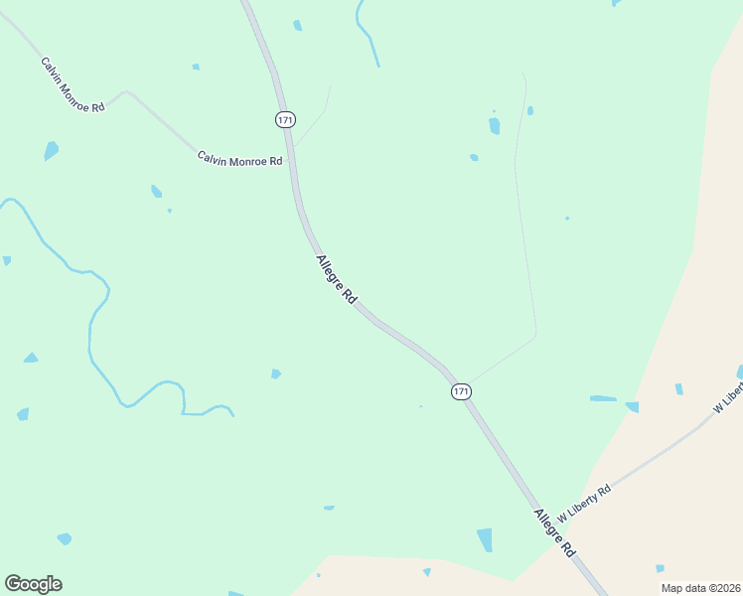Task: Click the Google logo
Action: point(33,584)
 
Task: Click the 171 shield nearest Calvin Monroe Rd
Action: point(285,119)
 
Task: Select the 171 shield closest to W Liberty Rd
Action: point(461,391)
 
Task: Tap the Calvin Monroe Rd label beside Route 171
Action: point(239,159)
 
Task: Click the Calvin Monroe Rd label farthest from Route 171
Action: point(73,84)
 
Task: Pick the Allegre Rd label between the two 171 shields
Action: point(336,279)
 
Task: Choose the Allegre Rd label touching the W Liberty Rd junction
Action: point(554,532)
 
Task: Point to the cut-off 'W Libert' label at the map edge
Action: point(728,395)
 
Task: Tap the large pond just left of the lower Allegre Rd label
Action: point(485,539)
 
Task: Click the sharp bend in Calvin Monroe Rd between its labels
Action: point(125,92)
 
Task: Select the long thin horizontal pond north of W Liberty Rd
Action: point(603,398)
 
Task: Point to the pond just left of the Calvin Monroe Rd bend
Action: point(51,151)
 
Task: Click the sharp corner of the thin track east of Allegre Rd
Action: point(536,334)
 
